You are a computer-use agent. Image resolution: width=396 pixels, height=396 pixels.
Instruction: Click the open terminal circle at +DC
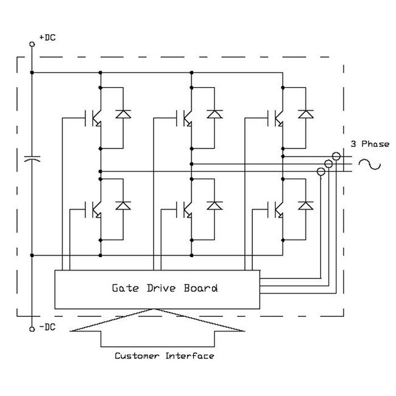coord(32,44)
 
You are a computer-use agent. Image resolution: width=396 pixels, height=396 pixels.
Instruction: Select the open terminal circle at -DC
coord(32,329)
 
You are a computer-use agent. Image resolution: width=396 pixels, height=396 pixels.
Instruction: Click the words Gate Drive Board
coord(164,288)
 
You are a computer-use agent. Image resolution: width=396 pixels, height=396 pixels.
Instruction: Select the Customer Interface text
coord(164,356)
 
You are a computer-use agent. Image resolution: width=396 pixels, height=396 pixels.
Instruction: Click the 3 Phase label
coord(370,144)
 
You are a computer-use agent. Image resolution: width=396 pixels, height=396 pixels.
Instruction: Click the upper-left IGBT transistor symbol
coord(94,117)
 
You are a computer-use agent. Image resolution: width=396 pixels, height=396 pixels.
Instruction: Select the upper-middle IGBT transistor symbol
coord(186,117)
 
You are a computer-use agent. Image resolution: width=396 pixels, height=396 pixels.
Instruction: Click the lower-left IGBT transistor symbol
coord(94,208)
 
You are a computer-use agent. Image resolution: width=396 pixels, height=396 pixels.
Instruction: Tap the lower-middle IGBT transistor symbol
coord(186,208)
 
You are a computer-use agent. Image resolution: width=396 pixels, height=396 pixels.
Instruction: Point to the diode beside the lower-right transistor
coord(306,205)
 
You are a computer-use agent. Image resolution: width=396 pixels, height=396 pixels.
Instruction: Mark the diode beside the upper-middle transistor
coord(214,114)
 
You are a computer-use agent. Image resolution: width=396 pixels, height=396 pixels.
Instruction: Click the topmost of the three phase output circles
coord(336,156)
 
